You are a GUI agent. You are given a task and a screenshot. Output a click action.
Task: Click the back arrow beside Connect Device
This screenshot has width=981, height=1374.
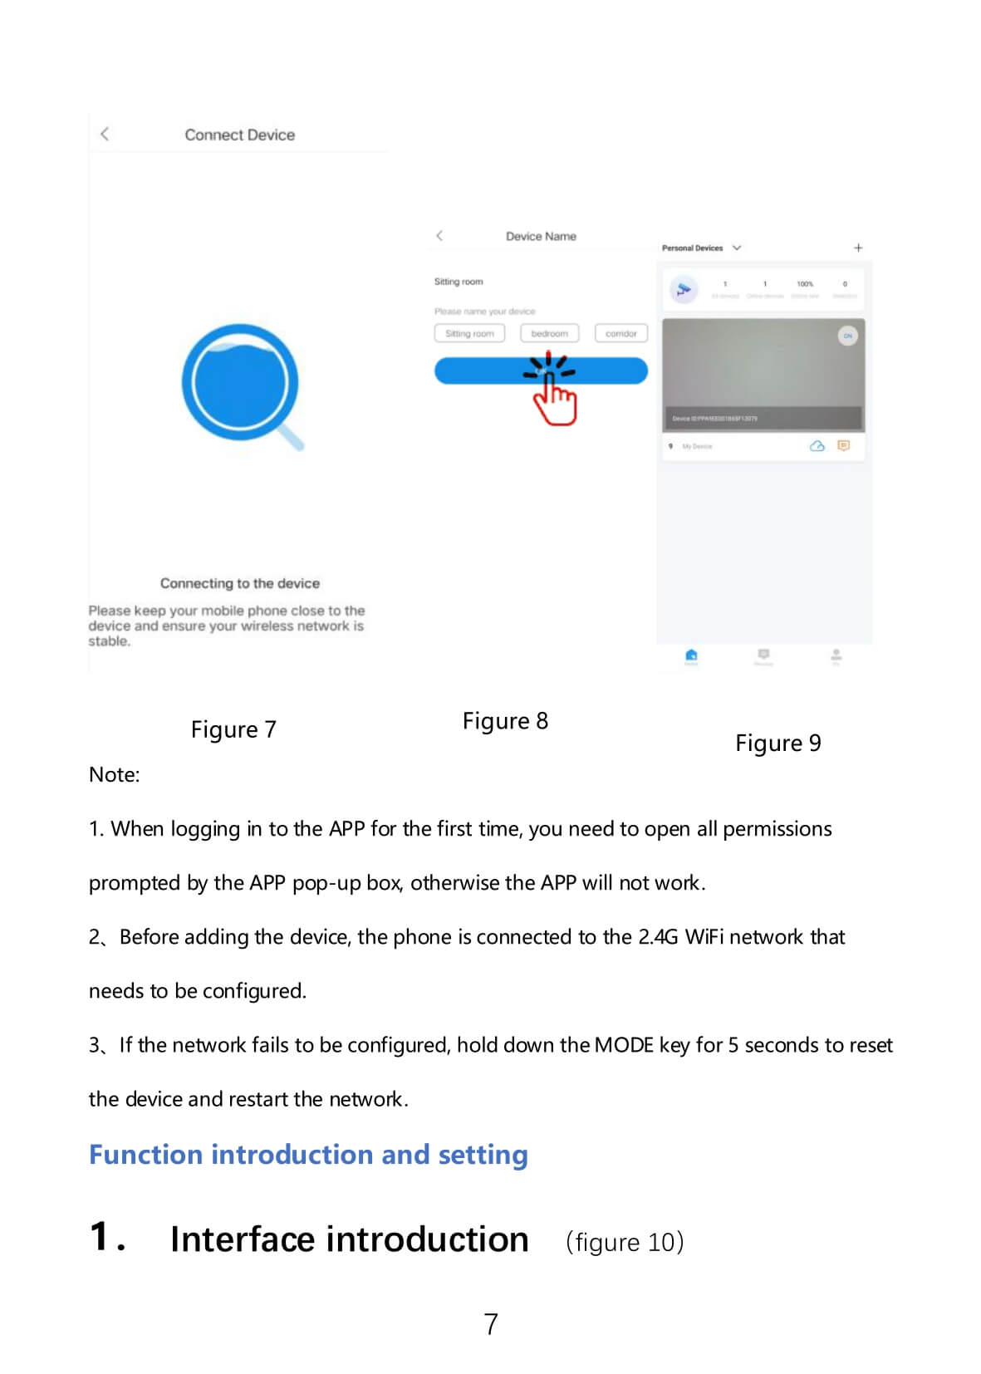point(105,134)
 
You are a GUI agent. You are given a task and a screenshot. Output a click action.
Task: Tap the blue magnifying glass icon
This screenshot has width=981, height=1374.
point(240,384)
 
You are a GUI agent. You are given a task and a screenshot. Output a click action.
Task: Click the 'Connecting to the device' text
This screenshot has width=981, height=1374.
point(239,583)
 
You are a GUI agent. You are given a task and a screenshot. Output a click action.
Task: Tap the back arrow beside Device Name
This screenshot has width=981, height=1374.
point(439,236)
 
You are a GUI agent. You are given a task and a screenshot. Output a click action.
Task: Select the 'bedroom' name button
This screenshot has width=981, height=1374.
point(549,333)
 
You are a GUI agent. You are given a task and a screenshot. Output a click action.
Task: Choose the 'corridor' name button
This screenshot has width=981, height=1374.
point(620,333)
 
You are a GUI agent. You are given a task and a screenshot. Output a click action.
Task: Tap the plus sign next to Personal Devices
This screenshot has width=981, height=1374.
point(858,248)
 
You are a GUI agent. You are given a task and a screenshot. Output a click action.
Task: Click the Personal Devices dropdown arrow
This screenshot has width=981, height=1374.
point(737,248)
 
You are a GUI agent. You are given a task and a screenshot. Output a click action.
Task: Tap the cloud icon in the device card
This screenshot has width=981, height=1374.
point(817,446)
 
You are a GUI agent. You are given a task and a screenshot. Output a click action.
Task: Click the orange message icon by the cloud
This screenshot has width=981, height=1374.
point(844,446)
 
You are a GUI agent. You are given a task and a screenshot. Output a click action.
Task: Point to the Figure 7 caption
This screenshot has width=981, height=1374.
point(233,729)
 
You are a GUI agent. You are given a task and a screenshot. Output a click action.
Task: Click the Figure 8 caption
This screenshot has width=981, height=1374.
point(505,721)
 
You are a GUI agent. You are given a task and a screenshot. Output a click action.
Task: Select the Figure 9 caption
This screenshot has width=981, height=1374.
point(777,743)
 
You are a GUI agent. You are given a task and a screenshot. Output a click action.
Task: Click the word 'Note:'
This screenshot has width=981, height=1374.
point(115,774)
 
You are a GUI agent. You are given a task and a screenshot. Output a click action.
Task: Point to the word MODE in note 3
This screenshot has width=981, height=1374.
point(624,1045)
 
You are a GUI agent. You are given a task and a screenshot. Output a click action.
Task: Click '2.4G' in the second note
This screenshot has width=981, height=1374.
point(658,937)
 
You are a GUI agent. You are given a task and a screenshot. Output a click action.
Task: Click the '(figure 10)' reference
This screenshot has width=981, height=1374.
point(625,1242)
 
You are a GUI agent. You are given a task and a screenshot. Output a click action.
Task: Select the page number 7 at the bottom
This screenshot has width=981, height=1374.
point(491,1323)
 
